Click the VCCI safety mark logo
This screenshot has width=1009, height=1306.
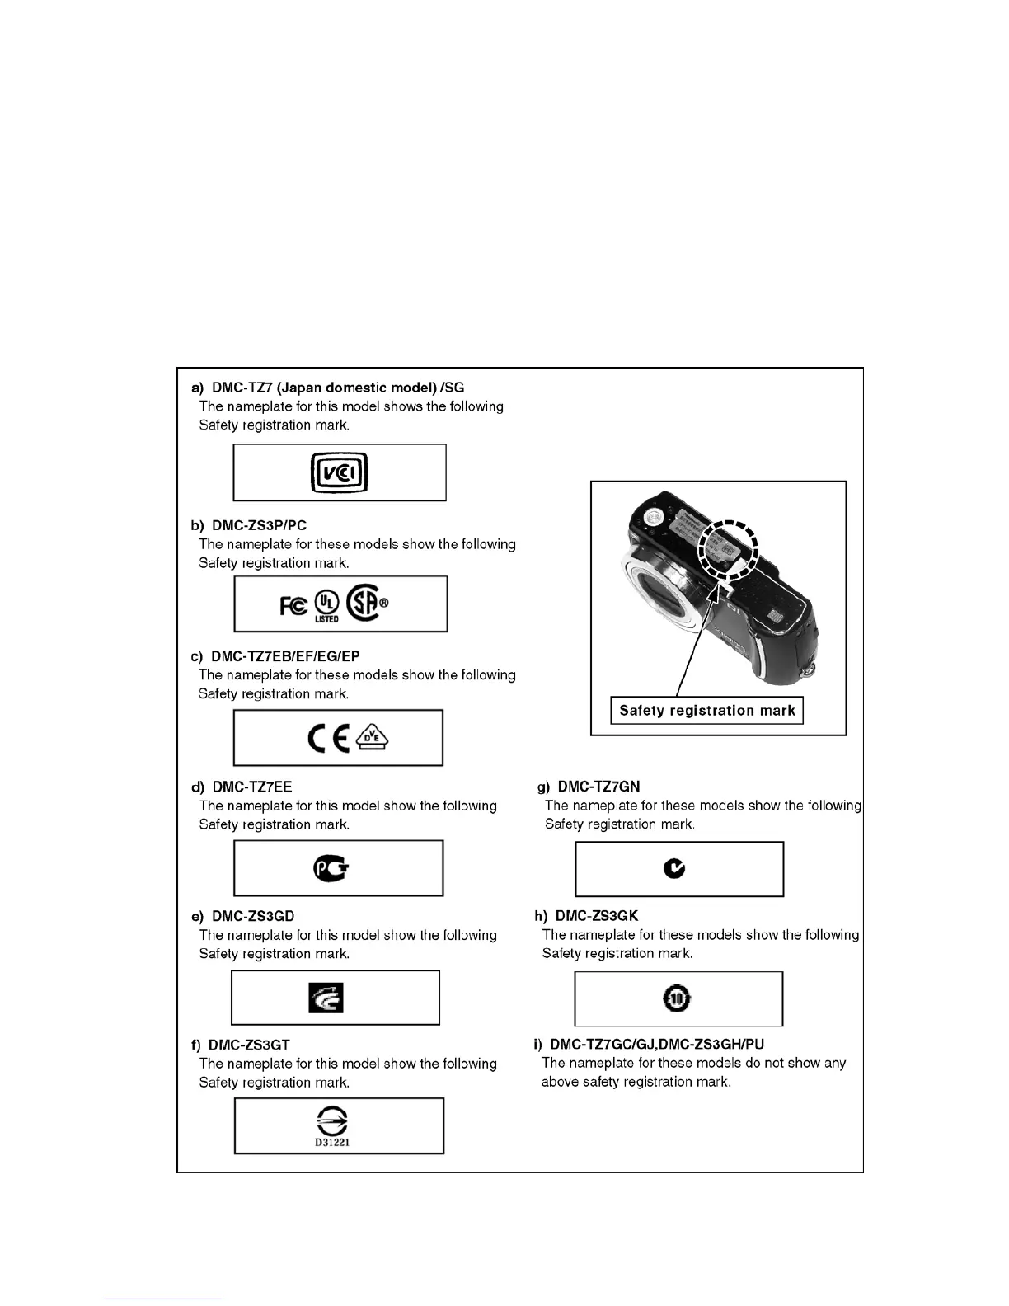(x=339, y=472)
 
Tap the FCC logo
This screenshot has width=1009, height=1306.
(x=293, y=605)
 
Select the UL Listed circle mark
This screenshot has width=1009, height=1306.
(x=326, y=604)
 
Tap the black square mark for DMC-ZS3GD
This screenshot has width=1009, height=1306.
(x=326, y=998)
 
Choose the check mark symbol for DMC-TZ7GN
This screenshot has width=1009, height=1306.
(x=675, y=868)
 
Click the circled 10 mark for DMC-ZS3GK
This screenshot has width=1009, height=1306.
(x=676, y=998)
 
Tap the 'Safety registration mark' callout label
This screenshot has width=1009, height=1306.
(x=706, y=711)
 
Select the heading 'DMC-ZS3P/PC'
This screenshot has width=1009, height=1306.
(x=259, y=525)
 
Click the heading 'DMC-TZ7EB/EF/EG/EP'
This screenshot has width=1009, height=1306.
(x=285, y=656)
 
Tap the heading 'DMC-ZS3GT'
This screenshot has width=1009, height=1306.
(x=249, y=1045)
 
